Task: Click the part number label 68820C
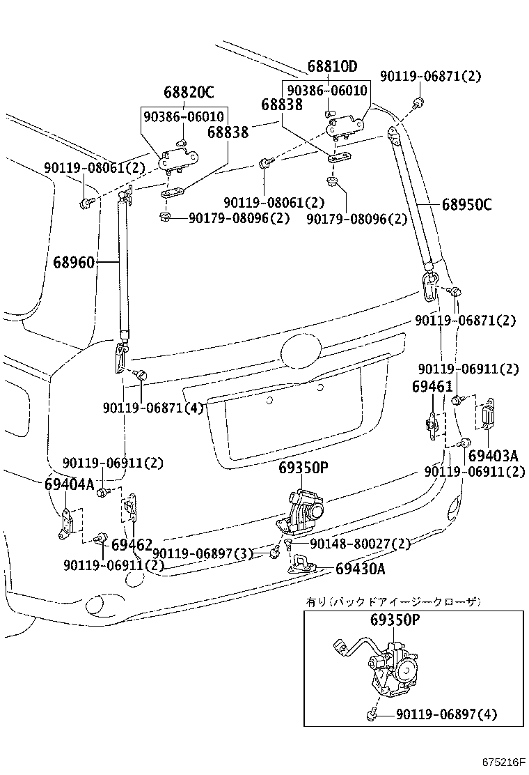pyautogui.click(x=189, y=92)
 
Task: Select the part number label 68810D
pyautogui.click(x=332, y=67)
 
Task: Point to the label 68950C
pyautogui.click(x=466, y=205)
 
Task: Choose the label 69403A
pyautogui.click(x=493, y=456)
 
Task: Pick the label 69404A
pyautogui.click(x=69, y=484)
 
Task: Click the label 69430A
pyautogui.click(x=360, y=569)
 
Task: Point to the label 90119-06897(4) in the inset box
pyautogui.click(x=446, y=714)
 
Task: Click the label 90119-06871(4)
pyautogui.click(x=152, y=408)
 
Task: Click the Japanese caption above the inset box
pyautogui.click(x=393, y=601)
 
